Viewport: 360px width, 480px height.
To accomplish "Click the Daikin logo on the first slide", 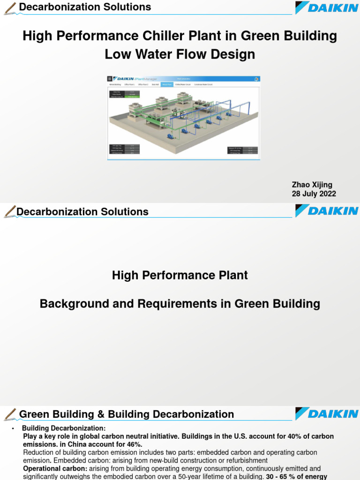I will pos(326,7).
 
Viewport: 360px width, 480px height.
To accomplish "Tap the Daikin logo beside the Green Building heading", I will pos(326,414).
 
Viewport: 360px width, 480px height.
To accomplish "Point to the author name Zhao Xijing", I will pos(312,185).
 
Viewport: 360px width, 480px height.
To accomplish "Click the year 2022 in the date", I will pos(327,194).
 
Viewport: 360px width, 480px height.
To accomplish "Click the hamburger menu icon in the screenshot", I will pos(110,79).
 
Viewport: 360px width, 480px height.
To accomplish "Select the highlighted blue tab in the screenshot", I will pos(166,85).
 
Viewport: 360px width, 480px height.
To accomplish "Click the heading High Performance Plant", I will pos(180,275).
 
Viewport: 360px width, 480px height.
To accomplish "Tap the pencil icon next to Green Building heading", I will pos(9,414).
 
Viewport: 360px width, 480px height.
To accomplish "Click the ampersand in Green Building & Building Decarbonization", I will pos(101,414).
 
